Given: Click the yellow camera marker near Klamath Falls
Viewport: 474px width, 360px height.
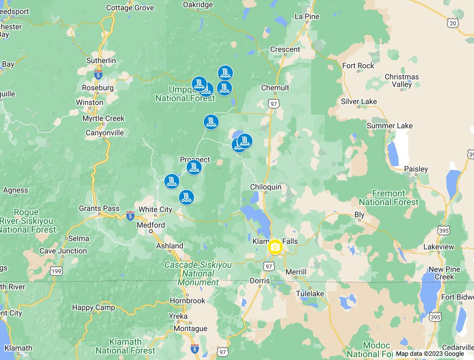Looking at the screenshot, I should (x=275, y=247).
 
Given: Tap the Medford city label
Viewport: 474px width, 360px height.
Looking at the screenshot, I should (x=150, y=225).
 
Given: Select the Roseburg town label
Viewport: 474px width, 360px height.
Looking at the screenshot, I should (x=98, y=88).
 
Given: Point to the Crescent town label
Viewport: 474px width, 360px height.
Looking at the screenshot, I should (x=285, y=49).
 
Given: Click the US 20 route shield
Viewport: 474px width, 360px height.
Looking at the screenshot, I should (x=453, y=23).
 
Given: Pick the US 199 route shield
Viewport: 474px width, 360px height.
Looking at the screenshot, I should (x=56, y=271).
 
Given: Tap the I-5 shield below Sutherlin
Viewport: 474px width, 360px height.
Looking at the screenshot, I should (x=98, y=75).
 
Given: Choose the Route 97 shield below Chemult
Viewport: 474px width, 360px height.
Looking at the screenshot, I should (x=273, y=104).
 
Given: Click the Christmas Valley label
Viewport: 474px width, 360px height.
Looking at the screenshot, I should (x=402, y=80).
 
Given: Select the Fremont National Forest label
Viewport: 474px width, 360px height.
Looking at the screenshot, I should (x=388, y=198).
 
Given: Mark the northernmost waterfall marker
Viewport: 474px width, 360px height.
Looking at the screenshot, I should (x=225, y=73).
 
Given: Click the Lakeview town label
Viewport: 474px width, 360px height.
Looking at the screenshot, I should (x=438, y=247).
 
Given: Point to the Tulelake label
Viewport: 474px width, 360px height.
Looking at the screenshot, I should (x=310, y=294).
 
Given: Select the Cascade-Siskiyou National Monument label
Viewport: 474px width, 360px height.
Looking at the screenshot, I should (x=198, y=274).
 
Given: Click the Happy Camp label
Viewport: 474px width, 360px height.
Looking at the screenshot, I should (x=93, y=307).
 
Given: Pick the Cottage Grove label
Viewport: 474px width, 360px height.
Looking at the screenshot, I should (x=130, y=7).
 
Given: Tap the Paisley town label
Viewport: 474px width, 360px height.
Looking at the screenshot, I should (x=416, y=169).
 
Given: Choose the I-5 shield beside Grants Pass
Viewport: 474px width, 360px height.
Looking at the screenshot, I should (x=130, y=216).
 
